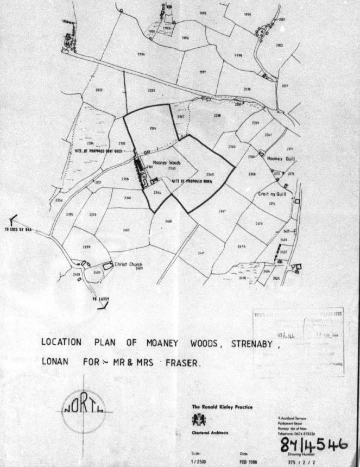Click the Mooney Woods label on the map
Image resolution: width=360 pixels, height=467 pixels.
tap(166, 162)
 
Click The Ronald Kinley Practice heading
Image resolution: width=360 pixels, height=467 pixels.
tap(222, 407)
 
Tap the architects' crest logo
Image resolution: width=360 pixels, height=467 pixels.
tap(196, 419)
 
